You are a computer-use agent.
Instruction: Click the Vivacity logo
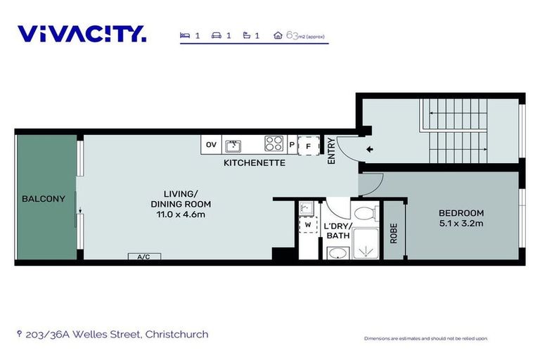coord(82,34)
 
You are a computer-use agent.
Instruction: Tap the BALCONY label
coord(44,199)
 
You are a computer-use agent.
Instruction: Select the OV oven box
coord(211,145)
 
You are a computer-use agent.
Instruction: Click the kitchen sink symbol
coord(233,146)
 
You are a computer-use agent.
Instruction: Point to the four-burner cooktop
coord(274,143)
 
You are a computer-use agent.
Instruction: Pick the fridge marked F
coord(309,146)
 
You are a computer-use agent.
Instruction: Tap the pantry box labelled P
coord(292,145)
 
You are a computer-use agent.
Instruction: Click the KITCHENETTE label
coord(255,163)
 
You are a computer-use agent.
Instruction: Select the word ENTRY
coord(331,151)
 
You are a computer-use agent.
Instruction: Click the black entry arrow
coord(370,149)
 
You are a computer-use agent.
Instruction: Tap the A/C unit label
coord(144,257)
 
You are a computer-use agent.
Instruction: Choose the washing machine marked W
coord(308,225)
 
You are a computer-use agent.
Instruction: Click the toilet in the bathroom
coord(366,213)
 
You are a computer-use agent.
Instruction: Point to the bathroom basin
coord(337,253)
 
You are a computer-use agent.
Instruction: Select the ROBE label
coord(394,233)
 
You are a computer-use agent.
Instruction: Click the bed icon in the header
coord(185,35)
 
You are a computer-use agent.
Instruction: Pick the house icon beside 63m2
coord(278,35)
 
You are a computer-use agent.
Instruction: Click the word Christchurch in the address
coord(176,334)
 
